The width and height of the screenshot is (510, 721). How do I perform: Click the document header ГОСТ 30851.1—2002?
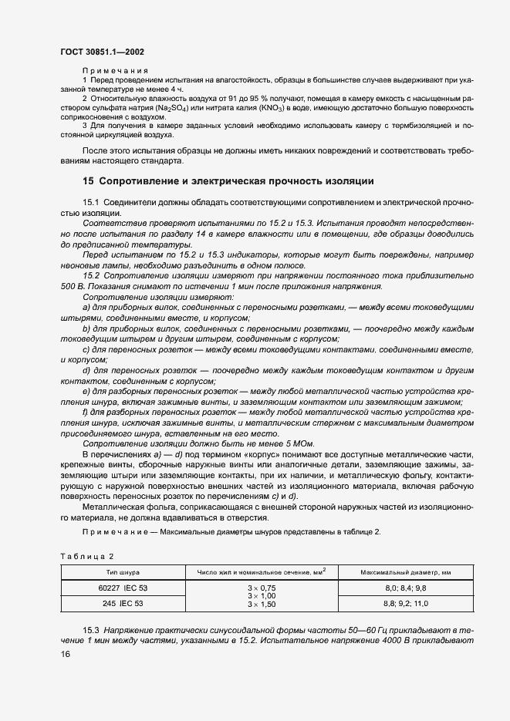102,52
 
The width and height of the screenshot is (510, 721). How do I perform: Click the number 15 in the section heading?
88,182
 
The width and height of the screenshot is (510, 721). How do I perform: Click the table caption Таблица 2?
86,556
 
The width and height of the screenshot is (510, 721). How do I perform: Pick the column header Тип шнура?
123,572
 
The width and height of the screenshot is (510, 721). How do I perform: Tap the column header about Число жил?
262,571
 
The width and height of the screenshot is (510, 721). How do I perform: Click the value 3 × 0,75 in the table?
262,588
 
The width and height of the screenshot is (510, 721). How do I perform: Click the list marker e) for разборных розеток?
85,391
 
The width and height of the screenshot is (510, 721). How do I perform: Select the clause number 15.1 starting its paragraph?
92,201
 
